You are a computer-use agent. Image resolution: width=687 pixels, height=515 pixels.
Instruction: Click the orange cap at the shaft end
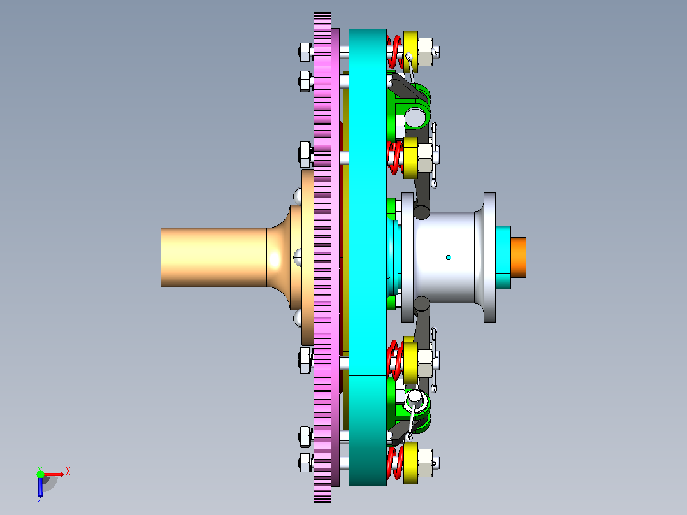pyautogui.click(x=518, y=257)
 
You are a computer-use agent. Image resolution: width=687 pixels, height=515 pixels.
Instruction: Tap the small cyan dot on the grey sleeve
pyautogui.click(x=448, y=257)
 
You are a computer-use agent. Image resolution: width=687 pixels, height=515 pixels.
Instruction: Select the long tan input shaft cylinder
pyautogui.click(x=214, y=257)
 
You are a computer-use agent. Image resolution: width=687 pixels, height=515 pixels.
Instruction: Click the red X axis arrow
pyautogui.click(x=54, y=474)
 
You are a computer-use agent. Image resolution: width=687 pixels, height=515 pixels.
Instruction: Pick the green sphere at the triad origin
pyautogui.click(x=40, y=474)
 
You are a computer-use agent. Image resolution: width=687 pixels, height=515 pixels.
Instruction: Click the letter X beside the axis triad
pyautogui.click(x=68, y=472)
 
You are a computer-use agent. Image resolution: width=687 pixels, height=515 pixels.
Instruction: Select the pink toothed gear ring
pyautogui.click(x=322, y=257)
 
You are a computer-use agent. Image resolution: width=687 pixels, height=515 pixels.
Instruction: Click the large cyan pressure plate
pyautogui.click(x=368, y=257)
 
